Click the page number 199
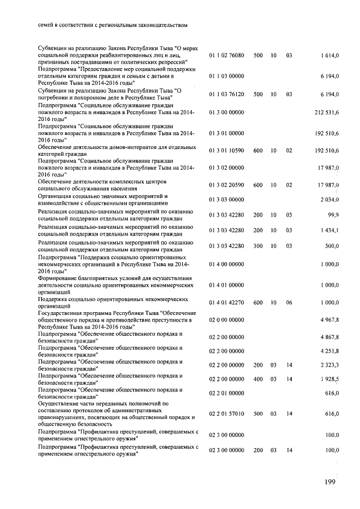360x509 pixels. [330, 483]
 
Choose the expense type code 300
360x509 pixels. [258, 245]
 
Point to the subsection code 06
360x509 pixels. [289, 303]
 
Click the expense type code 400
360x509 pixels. [258, 380]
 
